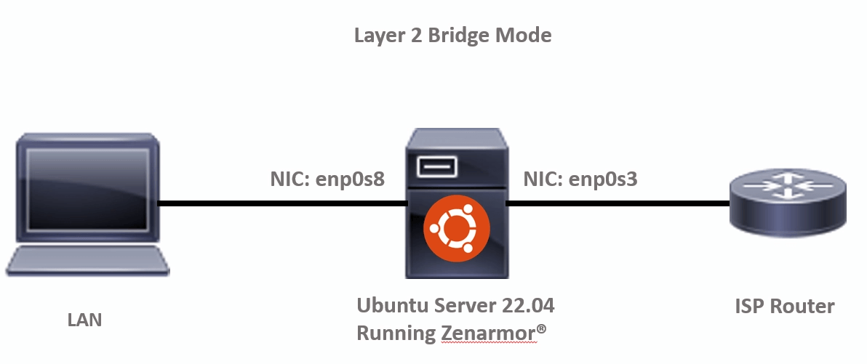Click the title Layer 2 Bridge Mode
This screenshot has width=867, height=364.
click(x=452, y=35)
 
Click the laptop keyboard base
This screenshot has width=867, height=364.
click(x=84, y=262)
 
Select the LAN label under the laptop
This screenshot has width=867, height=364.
click(x=84, y=319)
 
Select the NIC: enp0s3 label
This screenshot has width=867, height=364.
click(x=580, y=179)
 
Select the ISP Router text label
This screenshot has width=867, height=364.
click(x=784, y=306)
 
